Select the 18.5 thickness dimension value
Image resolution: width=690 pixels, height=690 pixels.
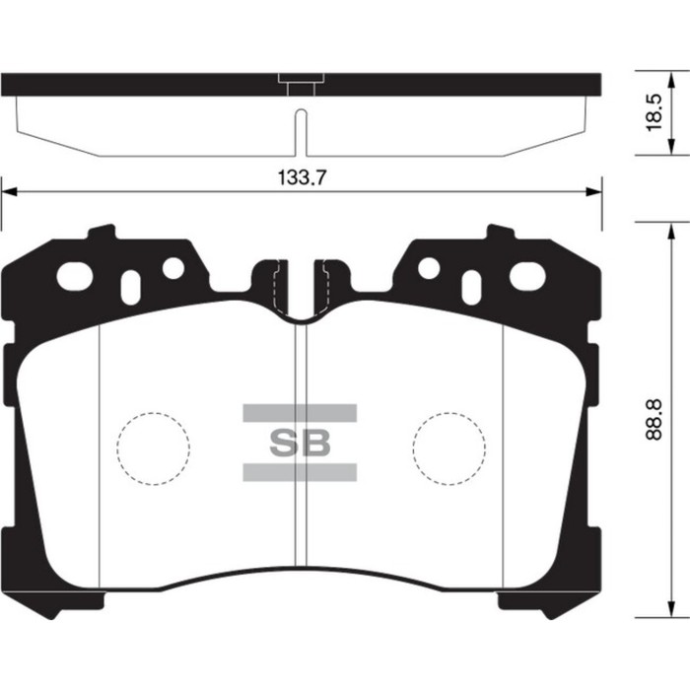[654, 112]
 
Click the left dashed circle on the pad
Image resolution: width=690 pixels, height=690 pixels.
[153, 447]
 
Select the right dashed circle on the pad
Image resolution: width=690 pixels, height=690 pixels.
[449, 447]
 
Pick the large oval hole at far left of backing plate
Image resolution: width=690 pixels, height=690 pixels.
[74, 277]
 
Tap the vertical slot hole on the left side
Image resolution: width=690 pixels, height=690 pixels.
[128, 286]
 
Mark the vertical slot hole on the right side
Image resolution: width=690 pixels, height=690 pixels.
[473, 286]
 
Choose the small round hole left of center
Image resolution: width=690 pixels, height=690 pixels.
[172, 268]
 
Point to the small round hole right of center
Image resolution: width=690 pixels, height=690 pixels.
[429, 268]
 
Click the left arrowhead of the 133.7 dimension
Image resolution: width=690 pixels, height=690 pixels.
[8, 190]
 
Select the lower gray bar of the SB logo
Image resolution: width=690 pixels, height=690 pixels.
[300, 472]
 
